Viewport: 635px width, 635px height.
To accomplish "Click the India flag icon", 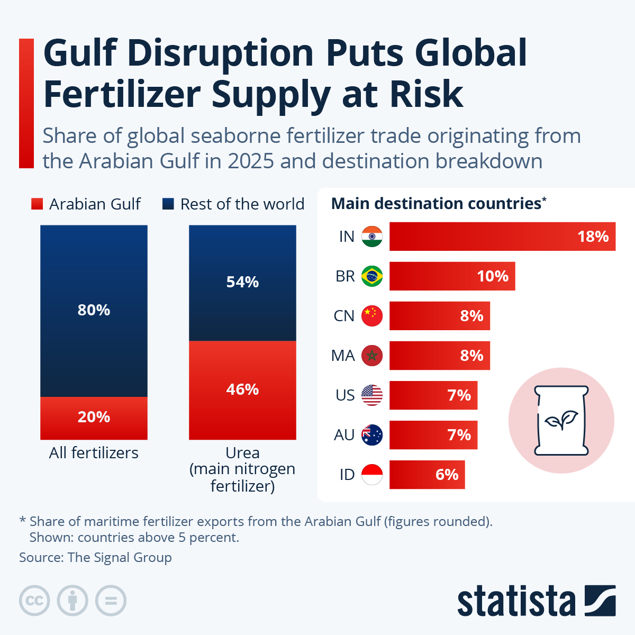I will click(372, 237).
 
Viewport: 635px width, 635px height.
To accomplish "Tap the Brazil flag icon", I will click(372, 276).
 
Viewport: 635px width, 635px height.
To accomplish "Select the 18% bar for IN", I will click(502, 237).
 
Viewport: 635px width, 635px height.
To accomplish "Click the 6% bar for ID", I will click(427, 475).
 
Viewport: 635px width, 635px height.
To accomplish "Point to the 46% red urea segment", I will click(242, 390).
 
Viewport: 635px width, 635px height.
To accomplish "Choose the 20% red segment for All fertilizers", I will click(94, 418).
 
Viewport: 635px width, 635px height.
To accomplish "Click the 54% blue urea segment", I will click(242, 283).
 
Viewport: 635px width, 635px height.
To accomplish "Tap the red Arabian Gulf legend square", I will click(37, 204).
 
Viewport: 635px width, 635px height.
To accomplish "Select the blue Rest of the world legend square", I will click(168, 204).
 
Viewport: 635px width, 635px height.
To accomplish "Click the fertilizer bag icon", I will click(561, 420).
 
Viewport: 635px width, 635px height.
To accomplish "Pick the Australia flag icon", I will click(372, 435).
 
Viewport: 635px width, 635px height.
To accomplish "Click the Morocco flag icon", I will click(372, 356).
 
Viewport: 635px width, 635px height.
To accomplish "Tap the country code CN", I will click(344, 316).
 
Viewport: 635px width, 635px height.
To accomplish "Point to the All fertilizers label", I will click(94, 453).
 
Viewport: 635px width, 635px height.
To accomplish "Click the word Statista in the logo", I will click(516, 602).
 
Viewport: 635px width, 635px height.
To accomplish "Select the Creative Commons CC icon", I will click(34, 601).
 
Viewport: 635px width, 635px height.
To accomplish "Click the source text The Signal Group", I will click(120, 557).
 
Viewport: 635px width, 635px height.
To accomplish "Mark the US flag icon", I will click(372, 395).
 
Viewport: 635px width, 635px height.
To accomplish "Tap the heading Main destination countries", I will click(436, 204).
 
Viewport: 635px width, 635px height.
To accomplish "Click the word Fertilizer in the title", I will click(122, 94).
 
